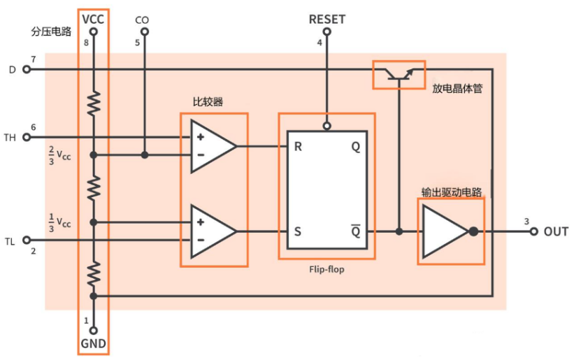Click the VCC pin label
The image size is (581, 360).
click(x=93, y=19)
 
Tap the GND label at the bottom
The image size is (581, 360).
click(x=94, y=344)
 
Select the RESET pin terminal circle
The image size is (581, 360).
click(x=327, y=32)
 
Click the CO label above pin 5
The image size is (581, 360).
click(x=142, y=20)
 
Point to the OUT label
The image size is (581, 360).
click(x=556, y=232)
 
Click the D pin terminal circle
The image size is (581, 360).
click(x=27, y=69)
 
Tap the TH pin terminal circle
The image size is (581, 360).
click(x=27, y=138)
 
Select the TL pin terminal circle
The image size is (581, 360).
click(x=27, y=240)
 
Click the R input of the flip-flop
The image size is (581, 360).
click(x=298, y=147)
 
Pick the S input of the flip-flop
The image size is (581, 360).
click(x=298, y=232)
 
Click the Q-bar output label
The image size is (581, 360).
click(x=356, y=231)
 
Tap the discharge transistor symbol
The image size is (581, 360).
click(x=399, y=74)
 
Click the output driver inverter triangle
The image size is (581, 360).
click(x=445, y=231)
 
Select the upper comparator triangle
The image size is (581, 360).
click(x=213, y=146)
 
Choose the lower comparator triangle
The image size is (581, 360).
click(x=213, y=231)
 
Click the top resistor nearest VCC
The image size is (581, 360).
click(x=94, y=103)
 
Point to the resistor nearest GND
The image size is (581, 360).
click(x=94, y=273)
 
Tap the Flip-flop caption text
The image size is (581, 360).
click(x=327, y=269)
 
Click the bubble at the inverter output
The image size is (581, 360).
click(x=473, y=232)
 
